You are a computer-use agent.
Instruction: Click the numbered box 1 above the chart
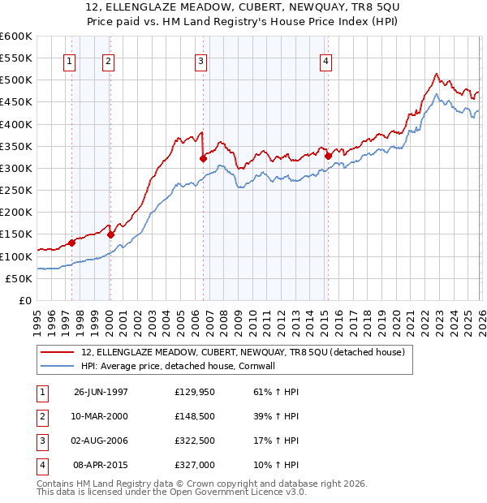[x=69, y=60]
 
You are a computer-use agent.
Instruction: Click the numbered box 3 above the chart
[x=200, y=60]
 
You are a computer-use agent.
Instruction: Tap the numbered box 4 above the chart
[x=325, y=60]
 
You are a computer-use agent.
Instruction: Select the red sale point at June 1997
[x=72, y=243]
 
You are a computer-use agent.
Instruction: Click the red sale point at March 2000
[x=110, y=234]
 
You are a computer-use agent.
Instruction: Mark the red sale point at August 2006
[x=202, y=158]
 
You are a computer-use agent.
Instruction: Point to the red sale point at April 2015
[x=327, y=156]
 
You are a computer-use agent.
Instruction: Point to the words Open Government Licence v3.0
[x=243, y=492]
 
